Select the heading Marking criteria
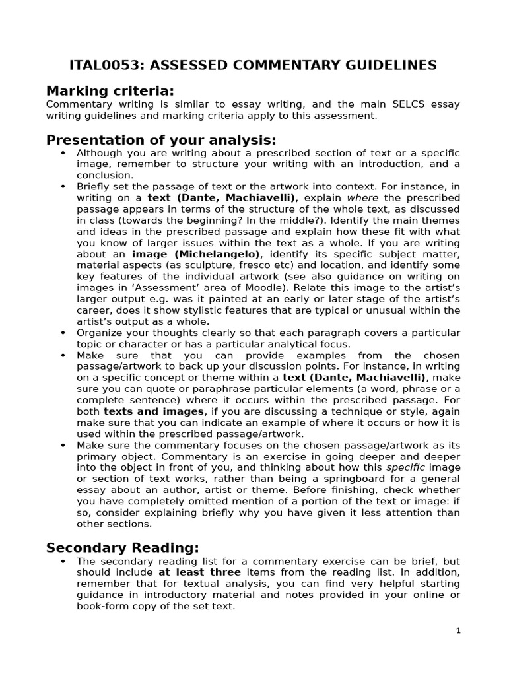click(110, 90)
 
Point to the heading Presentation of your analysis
click(160, 140)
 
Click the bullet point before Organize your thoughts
click(63, 333)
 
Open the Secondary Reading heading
click(122, 547)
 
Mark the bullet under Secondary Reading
click(63, 561)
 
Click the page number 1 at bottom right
click(458, 630)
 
